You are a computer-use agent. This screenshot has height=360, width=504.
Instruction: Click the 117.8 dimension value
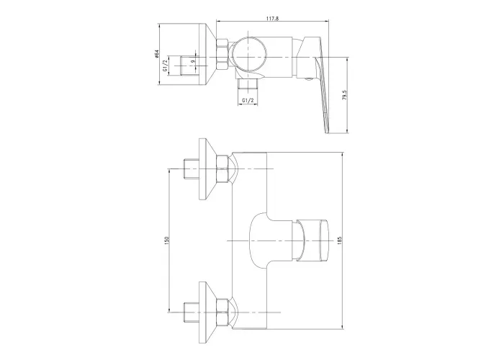point(272,18)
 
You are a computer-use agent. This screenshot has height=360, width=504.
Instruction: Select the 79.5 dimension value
point(345,96)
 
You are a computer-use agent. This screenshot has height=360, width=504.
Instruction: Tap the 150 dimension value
point(166,240)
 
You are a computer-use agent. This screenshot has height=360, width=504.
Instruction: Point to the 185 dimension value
point(340,240)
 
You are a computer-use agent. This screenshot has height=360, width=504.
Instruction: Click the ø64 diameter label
point(156,54)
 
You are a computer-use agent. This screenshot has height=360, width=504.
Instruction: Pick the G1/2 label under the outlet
point(248,101)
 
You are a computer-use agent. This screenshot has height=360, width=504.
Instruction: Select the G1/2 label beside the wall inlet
point(165,66)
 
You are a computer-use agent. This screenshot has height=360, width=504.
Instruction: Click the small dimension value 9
point(193,62)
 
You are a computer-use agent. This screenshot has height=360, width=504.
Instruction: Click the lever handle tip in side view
point(327,131)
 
